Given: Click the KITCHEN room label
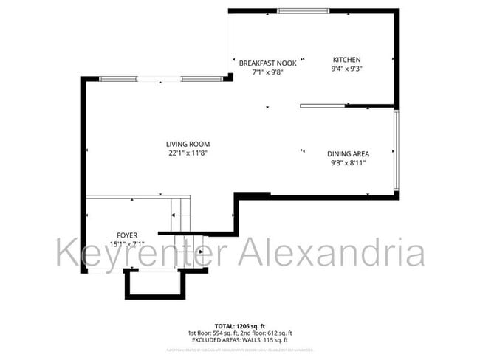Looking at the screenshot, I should tap(346, 60).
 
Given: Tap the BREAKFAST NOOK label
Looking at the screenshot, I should tap(267, 63).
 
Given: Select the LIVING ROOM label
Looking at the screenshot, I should tap(188, 145).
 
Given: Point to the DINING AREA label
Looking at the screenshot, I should tap(348, 154).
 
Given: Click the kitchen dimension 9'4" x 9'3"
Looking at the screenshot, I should tap(346, 69).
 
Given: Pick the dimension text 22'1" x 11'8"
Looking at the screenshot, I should tap(188, 153).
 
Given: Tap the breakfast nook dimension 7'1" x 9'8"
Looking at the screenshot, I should tap(267, 72).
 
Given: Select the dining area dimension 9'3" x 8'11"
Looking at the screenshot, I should tap(348, 163).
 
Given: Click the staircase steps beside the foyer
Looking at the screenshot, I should tap(180, 215).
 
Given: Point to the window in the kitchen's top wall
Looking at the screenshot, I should tap(304, 10).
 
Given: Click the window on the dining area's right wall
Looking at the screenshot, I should tap(397, 150).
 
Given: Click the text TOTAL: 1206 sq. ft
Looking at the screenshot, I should tap(239, 325).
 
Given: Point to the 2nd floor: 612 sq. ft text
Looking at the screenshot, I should tap(266, 333).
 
